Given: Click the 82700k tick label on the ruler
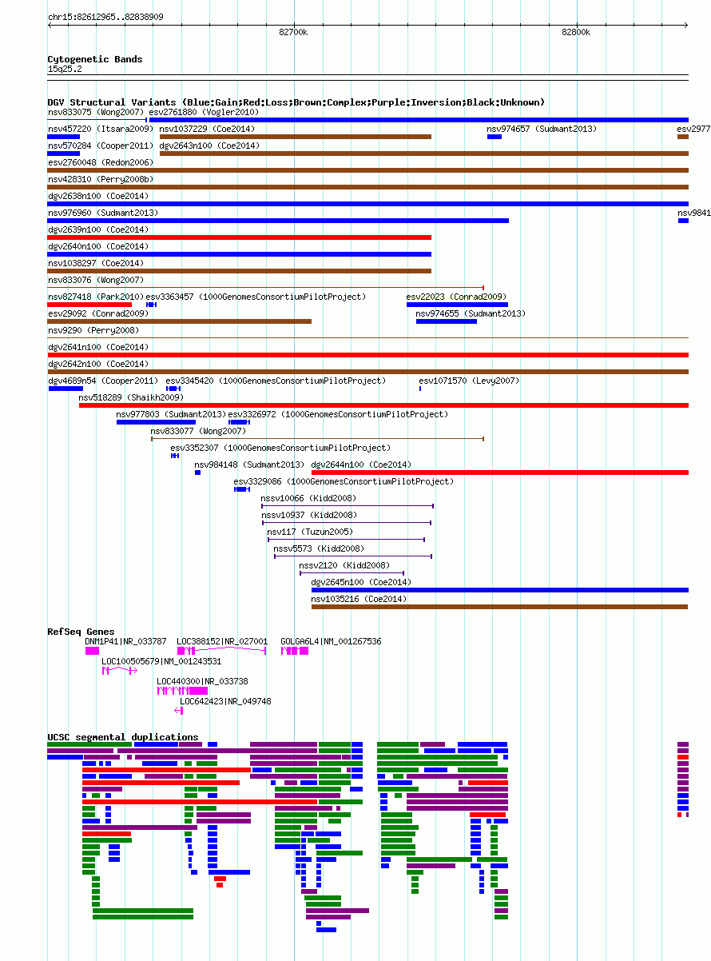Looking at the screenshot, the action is [293, 32].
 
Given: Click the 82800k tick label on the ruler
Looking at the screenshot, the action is [576, 32].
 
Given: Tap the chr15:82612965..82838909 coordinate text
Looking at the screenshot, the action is [105, 17].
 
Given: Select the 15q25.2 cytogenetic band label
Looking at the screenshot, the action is [65, 69].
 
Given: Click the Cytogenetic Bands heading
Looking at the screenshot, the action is [95, 59].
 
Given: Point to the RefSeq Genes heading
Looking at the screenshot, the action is [81, 632].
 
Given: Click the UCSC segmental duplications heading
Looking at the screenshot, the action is [123, 737].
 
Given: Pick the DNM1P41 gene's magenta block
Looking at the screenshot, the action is [92, 651].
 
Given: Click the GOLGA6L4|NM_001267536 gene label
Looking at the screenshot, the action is [331, 641].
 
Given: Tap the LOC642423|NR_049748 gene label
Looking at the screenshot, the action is [225, 701].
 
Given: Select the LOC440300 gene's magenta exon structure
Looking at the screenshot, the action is [182, 691].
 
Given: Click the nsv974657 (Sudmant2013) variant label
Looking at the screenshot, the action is [542, 129].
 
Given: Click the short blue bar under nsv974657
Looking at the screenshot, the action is [495, 137].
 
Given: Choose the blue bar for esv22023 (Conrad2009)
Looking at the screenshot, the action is [457, 305].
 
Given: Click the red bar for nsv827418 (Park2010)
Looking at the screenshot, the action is [89, 305].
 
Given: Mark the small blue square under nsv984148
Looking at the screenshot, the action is [197, 473].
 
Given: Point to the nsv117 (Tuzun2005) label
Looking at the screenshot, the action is [310, 532].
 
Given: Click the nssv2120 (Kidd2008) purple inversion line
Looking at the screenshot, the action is [352, 573].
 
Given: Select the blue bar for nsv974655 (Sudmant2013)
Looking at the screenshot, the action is [447, 321].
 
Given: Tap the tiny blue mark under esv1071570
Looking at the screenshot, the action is [420, 389].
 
